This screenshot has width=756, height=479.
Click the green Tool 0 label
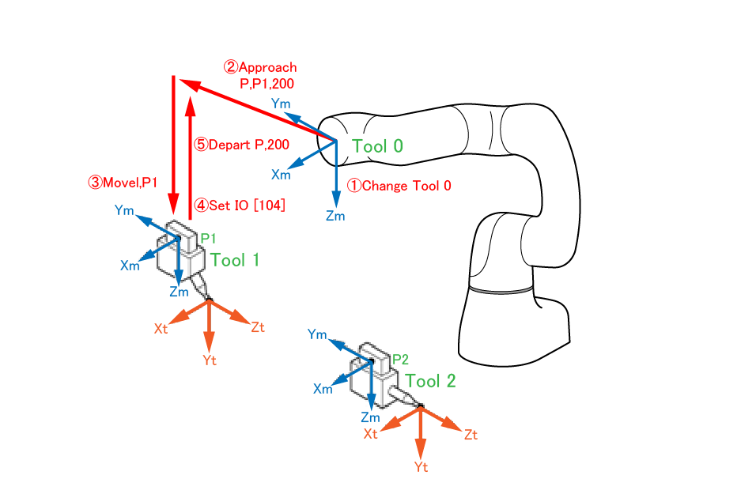(377, 146)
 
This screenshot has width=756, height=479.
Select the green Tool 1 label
(234, 259)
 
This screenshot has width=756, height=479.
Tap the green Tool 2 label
(430, 380)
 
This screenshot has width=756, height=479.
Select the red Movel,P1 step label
(123, 183)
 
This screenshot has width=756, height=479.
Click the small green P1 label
(208, 237)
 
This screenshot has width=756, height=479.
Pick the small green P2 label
(401, 359)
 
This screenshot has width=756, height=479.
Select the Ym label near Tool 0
(281, 104)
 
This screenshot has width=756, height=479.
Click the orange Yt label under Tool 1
(210, 360)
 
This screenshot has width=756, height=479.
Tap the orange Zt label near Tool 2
(471, 435)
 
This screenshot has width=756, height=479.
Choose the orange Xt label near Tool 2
(371, 434)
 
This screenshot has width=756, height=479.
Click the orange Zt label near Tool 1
(257, 327)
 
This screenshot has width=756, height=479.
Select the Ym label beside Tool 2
(317, 335)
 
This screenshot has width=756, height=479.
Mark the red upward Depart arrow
(189, 158)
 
